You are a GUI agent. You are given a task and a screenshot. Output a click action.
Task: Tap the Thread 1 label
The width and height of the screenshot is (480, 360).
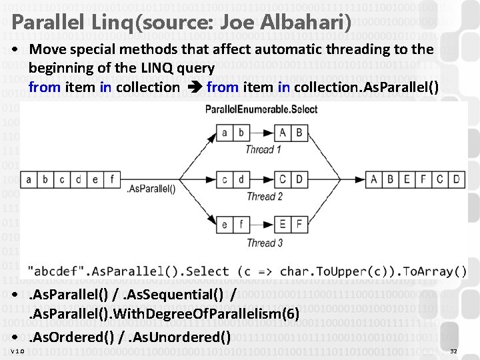coord(264,149)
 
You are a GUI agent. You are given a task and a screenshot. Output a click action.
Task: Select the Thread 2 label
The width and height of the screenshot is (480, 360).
coord(264,196)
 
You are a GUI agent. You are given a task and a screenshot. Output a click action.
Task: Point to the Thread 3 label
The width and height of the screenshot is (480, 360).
coord(264,243)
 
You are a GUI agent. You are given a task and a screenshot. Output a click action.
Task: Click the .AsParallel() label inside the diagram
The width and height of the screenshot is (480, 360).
coord(151,189)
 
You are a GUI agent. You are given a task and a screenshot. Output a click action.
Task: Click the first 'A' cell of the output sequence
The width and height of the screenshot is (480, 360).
coord(373,179)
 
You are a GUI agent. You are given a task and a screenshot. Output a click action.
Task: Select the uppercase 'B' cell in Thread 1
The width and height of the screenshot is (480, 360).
coord(299,133)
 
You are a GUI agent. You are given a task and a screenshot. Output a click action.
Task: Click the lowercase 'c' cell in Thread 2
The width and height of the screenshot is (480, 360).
coord(224,179)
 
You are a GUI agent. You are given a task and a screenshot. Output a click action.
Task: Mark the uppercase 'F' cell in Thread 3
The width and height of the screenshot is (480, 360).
coord(299,225)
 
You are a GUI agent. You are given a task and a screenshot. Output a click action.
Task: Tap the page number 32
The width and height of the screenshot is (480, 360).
coord(454,351)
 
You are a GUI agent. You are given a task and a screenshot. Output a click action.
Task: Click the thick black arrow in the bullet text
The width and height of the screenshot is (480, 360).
coord(193,87)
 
